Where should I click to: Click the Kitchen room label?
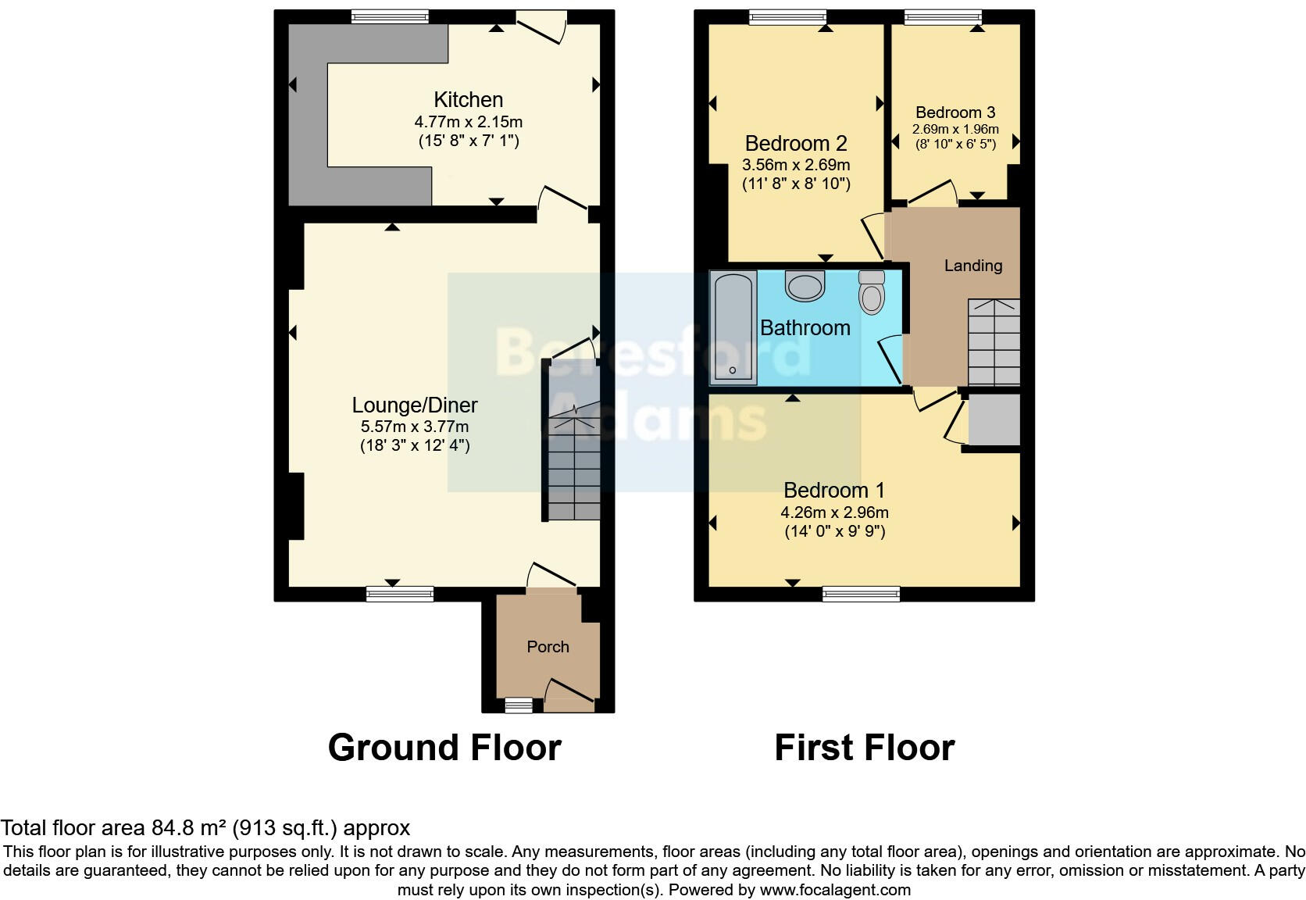[468, 100]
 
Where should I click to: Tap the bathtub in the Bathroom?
[733, 328]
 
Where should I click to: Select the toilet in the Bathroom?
[871, 292]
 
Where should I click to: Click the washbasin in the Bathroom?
[805, 286]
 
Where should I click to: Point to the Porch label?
[548, 647]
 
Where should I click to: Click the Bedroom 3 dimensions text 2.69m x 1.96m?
[955, 130]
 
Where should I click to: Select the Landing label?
[972, 266]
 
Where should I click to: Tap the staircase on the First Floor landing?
[994, 342]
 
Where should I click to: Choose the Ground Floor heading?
[444, 748]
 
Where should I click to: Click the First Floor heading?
[864, 748]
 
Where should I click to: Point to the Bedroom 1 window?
[861, 595]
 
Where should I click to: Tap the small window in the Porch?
[518, 705]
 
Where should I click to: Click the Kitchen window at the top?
[390, 16]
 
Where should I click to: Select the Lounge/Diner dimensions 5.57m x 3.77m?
[414, 427]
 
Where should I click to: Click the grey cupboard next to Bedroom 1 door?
[994, 420]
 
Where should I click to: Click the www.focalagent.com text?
[835, 890]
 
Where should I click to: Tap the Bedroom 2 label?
[795, 144]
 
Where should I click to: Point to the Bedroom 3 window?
[943, 16]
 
